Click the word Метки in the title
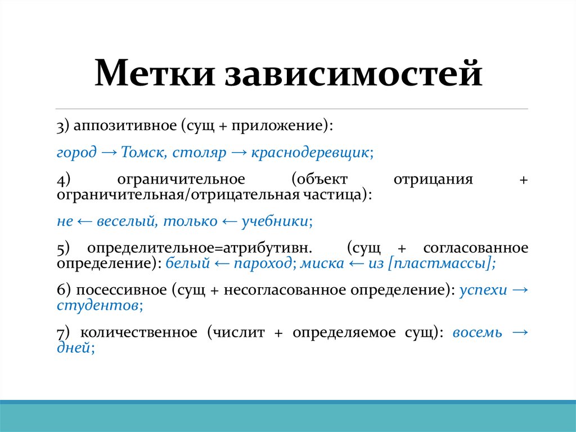pos(154,75)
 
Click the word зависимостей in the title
pos(354,75)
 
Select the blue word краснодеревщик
pos(310,152)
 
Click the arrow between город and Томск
pos(108,152)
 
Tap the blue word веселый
pos(118,221)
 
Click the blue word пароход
pos(266,263)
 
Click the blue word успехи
pos(483,290)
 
